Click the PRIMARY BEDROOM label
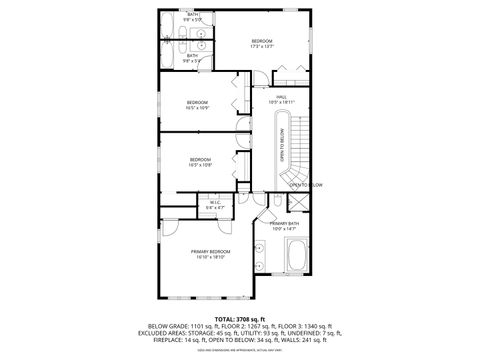point(211,251)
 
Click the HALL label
point(282,96)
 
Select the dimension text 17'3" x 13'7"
point(261,46)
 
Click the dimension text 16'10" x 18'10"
point(211,257)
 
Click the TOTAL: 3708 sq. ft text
point(239,317)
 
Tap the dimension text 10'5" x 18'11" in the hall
point(282,102)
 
